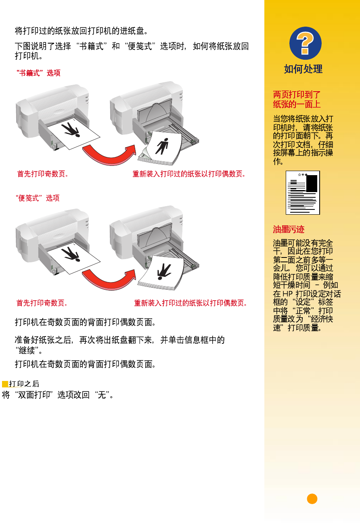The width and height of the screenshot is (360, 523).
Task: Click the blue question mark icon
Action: coord(305,43)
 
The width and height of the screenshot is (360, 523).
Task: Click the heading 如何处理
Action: coord(303,69)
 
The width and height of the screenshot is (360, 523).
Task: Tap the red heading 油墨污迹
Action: coord(289,229)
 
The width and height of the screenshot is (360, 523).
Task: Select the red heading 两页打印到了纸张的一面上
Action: coord(297,99)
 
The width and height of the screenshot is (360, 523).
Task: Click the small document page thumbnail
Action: coord(303,192)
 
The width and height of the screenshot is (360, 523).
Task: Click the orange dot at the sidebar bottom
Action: coord(312,499)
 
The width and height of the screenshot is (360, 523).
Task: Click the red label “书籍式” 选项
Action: coord(38,73)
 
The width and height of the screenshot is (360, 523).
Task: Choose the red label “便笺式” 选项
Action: coord(38,198)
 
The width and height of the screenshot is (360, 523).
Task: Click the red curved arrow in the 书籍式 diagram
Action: coord(109,155)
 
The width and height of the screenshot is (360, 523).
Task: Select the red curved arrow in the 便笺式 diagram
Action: coord(109,279)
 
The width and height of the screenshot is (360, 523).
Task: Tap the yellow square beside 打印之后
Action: coord(5,384)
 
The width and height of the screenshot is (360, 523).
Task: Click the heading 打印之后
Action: coord(24,384)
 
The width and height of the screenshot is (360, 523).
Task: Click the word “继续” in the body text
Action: coord(27,350)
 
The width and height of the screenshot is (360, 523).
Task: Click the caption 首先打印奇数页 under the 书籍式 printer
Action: coord(43,174)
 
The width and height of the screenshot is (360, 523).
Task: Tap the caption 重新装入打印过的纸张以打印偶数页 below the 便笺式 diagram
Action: coord(190,303)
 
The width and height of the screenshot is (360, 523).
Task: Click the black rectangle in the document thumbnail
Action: coord(312,184)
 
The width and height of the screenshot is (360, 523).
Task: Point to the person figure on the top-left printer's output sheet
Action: coord(71,130)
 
